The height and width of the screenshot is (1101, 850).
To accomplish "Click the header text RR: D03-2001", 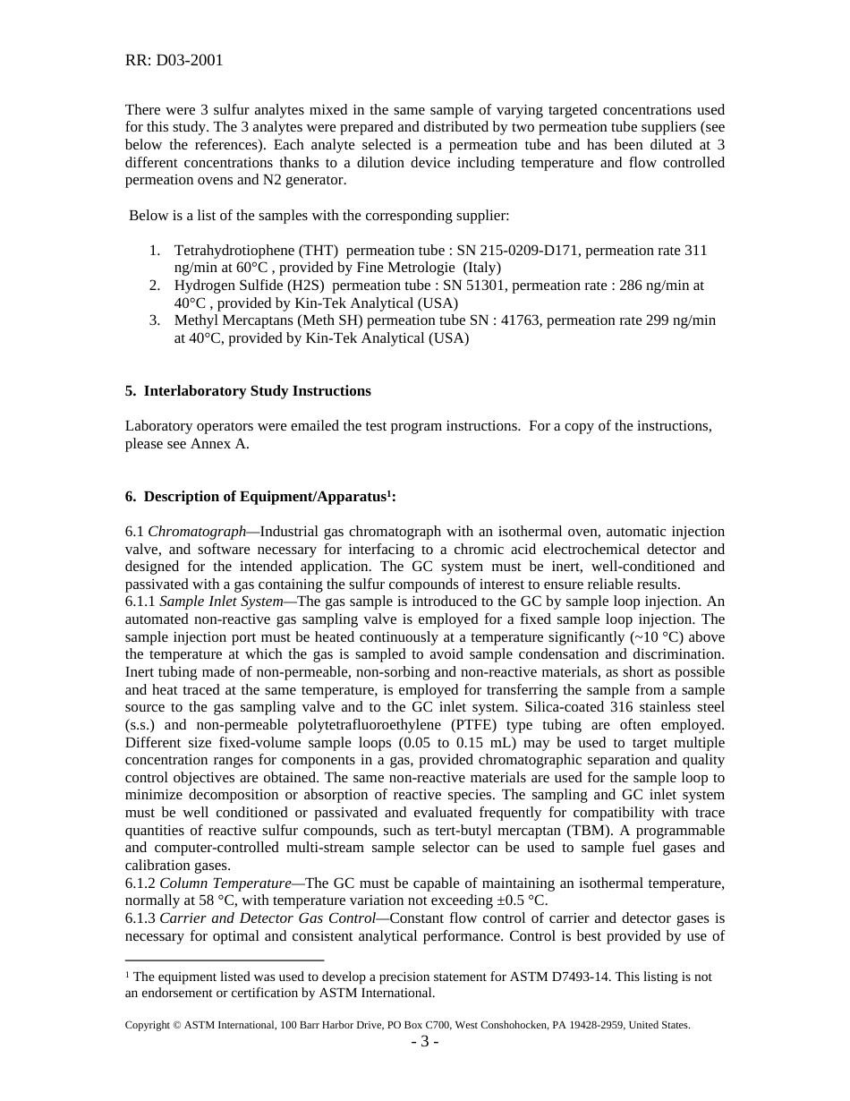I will [174, 61].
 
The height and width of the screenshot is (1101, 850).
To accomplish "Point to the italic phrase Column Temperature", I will [225, 883].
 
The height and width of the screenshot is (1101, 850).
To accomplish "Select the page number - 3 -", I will [425, 1042].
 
